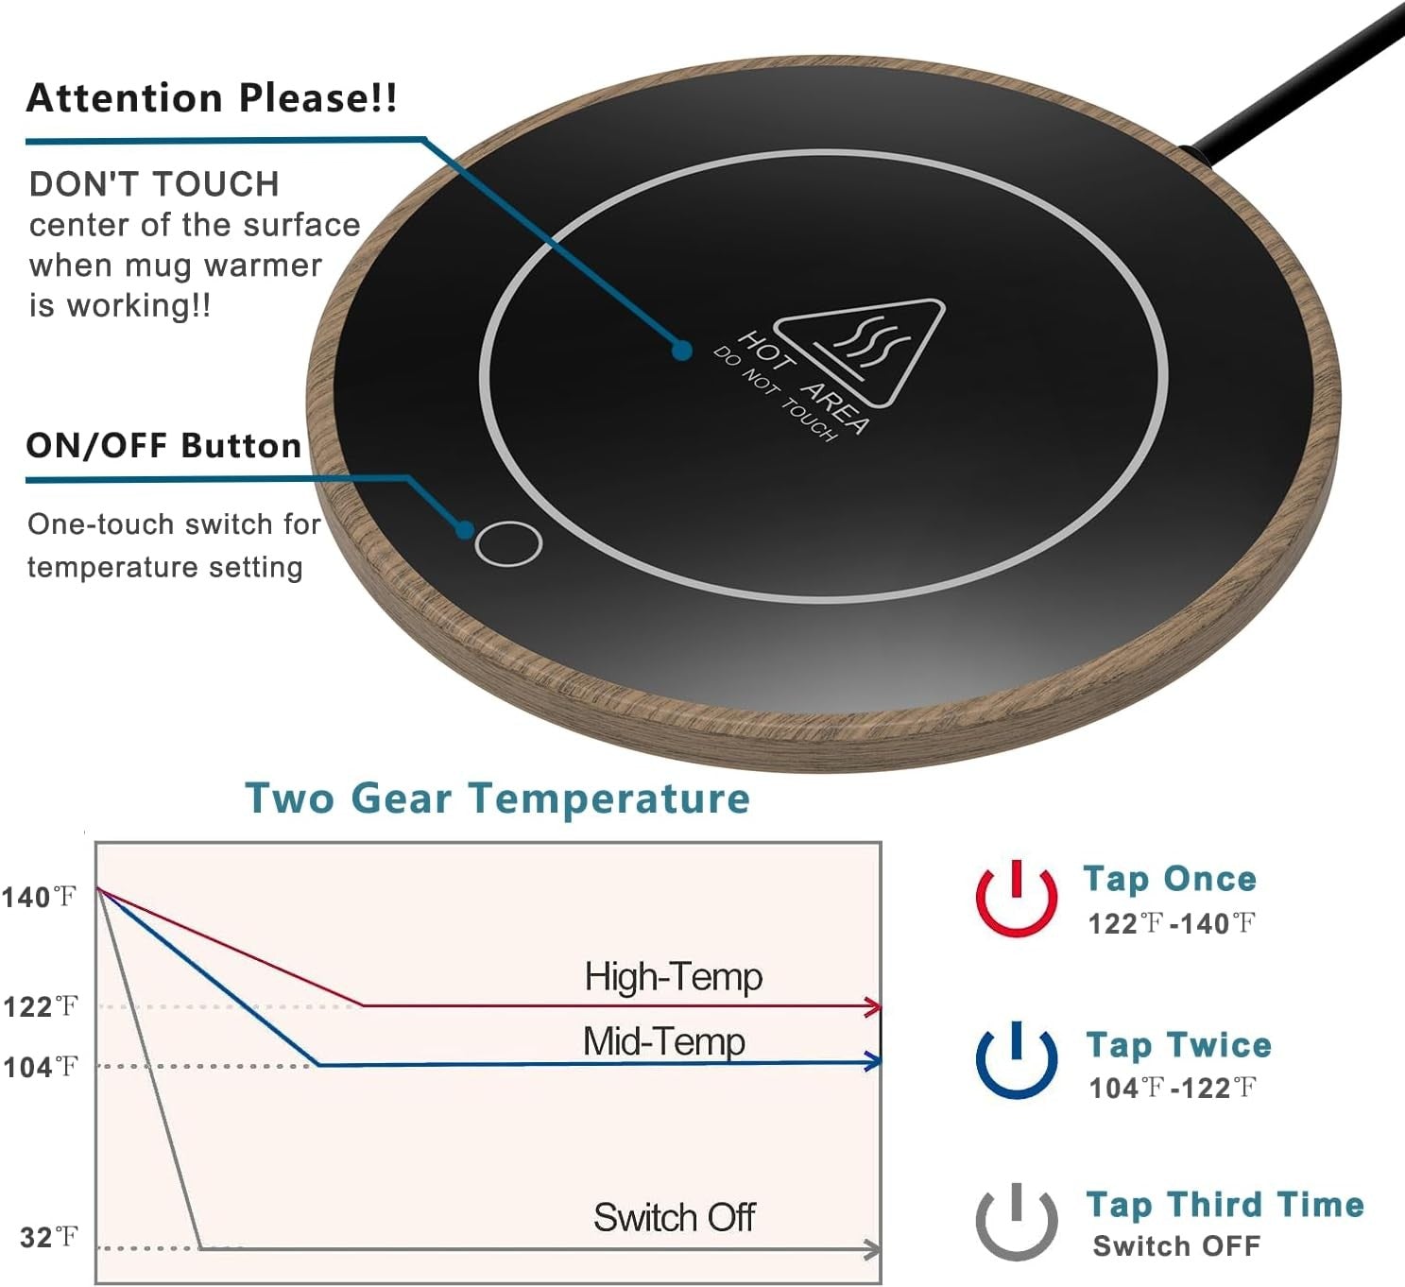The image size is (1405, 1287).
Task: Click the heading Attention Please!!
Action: coord(212,98)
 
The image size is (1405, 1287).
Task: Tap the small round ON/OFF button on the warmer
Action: coord(507,543)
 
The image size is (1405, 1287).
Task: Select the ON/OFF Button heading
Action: coord(163,446)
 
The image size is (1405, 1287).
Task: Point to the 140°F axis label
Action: coord(39,898)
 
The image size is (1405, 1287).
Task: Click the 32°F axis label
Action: coord(48,1238)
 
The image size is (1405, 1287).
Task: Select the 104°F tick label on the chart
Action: coord(40,1068)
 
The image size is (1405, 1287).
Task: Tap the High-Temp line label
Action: coord(673,977)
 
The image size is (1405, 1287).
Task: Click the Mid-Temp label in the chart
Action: coord(664,1041)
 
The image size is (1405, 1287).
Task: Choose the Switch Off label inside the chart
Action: coord(674,1218)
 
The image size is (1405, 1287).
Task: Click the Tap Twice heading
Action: coord(1179,1045)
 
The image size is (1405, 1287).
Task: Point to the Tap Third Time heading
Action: coord(1225,1205)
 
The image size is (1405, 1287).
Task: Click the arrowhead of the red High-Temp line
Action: coord(873,1006)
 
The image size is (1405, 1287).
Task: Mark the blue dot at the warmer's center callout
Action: coord(681,351)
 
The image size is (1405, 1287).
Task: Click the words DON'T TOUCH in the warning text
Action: coord(154,184)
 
